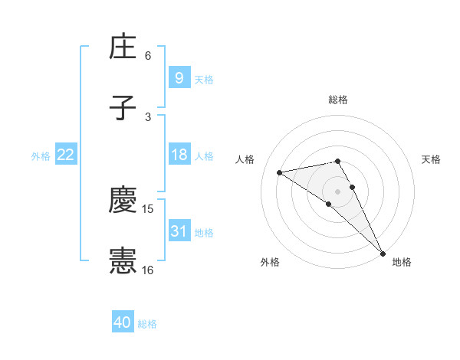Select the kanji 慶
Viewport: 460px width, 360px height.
click(123, 200)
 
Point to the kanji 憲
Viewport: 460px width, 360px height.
click(123, 261)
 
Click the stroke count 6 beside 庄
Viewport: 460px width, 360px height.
click(148, 56)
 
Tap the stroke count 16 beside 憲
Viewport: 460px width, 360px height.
click(148, 270)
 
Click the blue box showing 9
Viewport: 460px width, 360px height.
click(179, 77)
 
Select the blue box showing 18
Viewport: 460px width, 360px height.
click(179, 155)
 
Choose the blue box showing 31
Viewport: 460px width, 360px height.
click(179, 231)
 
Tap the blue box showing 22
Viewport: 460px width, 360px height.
click(66, 155)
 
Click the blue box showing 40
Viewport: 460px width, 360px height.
click(123, 322)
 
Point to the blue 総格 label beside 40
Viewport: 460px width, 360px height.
click(148, 324)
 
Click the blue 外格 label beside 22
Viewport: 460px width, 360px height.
click(41, 156)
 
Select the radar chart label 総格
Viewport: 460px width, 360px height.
click(338, 100)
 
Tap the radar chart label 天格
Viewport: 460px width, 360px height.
click(432, 159)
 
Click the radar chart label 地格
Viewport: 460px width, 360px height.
click(402, 262)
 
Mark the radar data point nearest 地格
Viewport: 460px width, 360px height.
click(383, 254)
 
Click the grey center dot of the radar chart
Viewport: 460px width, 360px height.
click(338, 191)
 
